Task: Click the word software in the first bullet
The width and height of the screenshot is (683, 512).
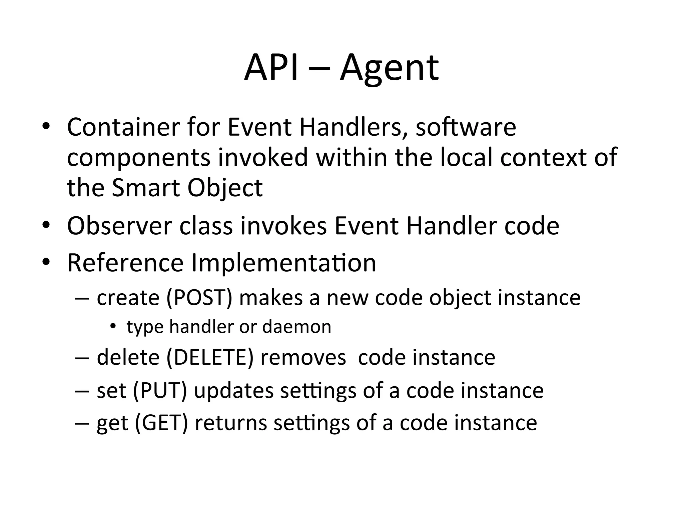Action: coord(466,127)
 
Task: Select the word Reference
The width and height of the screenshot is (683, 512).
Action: coord(125,263)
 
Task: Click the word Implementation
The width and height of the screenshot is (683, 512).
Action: coord(284,263)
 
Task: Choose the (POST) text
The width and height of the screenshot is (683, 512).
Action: coord(199,297)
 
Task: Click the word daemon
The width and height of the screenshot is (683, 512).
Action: coord(297,327)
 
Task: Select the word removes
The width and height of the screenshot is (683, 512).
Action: coord(303,357)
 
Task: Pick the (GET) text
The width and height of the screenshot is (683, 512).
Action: coord(161,423)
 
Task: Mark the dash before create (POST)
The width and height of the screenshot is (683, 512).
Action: coord(82,298)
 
